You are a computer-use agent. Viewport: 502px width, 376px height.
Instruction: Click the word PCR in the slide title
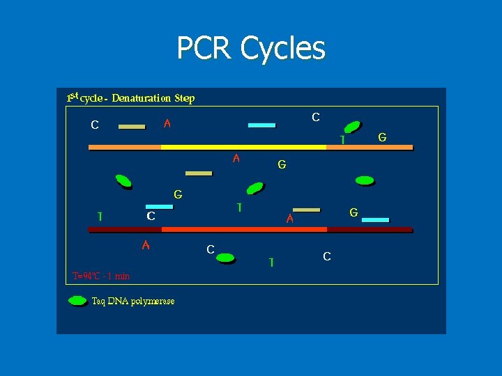[205, 49]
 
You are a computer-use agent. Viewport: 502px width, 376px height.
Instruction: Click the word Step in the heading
[184, 98]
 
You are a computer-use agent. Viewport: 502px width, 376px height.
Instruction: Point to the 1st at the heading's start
[72, 97]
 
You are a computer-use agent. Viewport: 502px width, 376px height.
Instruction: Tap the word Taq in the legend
[99, 301]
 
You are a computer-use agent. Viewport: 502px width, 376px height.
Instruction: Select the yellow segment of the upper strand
[244, 147]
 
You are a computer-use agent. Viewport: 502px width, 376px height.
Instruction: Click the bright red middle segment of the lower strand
[244, 228]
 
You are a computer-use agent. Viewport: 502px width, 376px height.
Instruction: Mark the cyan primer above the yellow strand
[261, 125]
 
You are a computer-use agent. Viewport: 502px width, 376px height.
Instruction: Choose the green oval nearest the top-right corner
[353, 127]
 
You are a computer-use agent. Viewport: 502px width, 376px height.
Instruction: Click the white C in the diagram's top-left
[94, 126]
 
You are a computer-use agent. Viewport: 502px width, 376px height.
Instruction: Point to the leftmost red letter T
[100, 216]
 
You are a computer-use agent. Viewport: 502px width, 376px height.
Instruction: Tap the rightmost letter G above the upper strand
[382, 138]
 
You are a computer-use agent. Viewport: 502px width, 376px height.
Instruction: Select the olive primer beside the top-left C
[132, 127]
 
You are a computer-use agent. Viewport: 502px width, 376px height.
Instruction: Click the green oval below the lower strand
[225, 258]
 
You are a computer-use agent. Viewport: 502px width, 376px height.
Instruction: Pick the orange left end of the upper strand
[124, 147]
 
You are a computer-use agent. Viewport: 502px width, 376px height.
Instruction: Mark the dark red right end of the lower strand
[370, 228]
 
